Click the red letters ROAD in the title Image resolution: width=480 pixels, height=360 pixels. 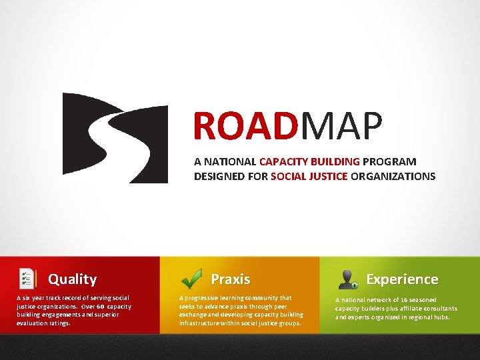[x=244, y=127]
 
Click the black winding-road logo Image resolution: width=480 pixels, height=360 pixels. [x=115, y=138]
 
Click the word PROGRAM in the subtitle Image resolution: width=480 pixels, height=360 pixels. [x=390, y=161]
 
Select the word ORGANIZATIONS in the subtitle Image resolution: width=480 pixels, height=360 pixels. [x=393, y=177]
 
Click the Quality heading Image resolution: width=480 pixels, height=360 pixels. [x=73, y=279]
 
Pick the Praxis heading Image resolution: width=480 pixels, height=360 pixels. [x=230, y=279]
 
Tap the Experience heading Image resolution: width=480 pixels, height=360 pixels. [x=402, y=279]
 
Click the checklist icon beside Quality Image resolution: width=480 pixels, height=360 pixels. [x=27, y=279]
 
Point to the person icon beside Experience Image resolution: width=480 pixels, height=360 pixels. [x=349, y=279]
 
